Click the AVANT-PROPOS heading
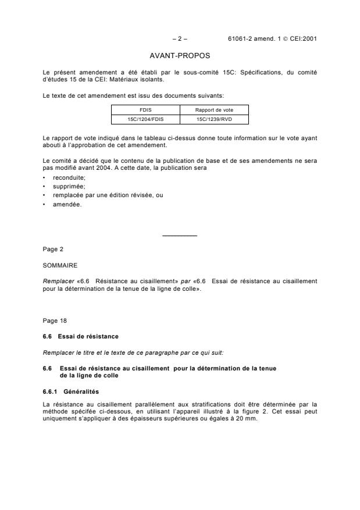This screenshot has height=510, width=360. coord(180,56)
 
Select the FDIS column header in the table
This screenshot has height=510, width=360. coord(145,109)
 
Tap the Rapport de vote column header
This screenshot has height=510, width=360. coord(214,109)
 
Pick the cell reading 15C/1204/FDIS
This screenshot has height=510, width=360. coord(145,118)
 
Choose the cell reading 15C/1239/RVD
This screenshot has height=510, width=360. coord(214,118)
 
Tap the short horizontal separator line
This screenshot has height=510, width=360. coord(180,236)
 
